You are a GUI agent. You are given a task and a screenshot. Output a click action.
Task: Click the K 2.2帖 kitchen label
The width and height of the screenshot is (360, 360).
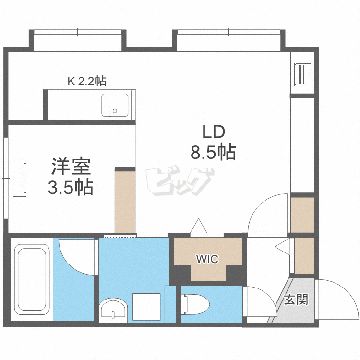[87, 81]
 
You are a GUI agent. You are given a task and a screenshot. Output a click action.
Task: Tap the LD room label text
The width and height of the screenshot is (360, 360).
[214, 132]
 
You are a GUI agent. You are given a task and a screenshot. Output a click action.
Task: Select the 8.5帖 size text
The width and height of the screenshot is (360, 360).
[213, 152]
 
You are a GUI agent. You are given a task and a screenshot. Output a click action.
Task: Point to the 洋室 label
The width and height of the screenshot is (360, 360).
[71, 167]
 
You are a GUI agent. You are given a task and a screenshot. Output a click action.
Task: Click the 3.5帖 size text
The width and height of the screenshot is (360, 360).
[71, 187]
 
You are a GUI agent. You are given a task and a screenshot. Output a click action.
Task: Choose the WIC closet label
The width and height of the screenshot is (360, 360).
[207, 259]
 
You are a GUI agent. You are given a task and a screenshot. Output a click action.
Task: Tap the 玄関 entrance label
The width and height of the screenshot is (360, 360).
[296, 300]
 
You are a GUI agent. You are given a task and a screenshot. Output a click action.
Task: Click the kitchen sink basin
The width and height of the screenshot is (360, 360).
[115, 105]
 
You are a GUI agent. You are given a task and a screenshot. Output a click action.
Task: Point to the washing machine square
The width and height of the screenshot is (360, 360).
[146, 307]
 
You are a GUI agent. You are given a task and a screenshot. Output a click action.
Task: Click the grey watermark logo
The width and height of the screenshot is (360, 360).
[179, 181]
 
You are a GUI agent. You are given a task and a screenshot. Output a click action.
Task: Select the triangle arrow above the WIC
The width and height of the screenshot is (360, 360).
[199, 226]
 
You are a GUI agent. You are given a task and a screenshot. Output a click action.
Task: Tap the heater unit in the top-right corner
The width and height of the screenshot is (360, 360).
[302, 74]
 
